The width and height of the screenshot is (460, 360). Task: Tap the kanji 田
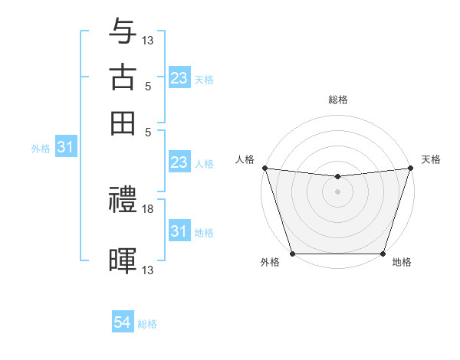(123, 123)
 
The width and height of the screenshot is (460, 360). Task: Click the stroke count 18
(148, 209)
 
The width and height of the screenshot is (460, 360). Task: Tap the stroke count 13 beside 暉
(148, 270)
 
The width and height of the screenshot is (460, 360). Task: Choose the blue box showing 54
(123, 323)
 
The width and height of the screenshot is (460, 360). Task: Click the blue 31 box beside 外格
(65, 148)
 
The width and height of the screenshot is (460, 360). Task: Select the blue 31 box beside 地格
(179, 231)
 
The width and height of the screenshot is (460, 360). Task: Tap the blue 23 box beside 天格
(179, 77)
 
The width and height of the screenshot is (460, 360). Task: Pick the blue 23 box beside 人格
(179, 162)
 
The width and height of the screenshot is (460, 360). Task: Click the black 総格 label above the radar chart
(337, 100)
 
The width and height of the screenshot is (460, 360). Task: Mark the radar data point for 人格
(264, 168)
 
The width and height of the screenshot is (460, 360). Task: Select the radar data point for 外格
(292, 254)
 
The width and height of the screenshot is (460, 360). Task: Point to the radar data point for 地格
(383, 254)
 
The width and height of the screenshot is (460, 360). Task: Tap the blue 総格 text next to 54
(147, 324)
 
